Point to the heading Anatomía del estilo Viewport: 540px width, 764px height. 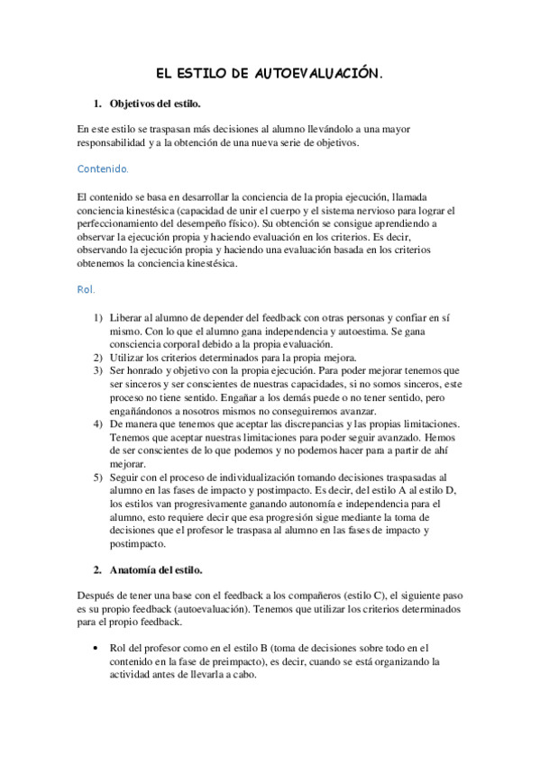click(155, 570)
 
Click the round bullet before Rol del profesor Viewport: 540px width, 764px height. click(96, 647)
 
